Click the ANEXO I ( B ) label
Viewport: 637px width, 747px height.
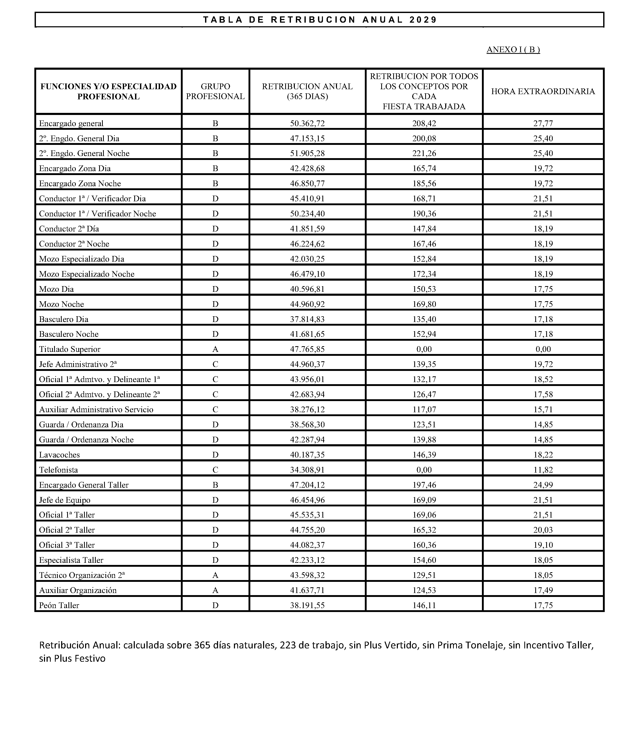click(513, 50)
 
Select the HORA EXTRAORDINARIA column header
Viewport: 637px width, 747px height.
click(543, 91)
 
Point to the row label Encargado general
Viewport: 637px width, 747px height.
click(71, 123)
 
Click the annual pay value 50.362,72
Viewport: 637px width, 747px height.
click(307, 123)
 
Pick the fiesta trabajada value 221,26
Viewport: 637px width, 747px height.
click(424, 153)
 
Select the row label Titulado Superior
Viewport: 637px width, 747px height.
click(70, 349)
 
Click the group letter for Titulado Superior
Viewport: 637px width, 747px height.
click(215, 349)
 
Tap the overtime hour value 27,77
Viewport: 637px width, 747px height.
click(543, 123)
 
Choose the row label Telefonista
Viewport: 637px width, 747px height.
click(59, 469)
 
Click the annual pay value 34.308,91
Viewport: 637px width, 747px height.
click(307, 469)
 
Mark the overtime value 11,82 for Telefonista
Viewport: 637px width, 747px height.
click(543, 469)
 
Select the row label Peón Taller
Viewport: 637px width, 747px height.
click(59, 605)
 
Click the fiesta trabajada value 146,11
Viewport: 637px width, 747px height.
click(424, 605)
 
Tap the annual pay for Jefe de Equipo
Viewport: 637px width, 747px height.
click(307, 500)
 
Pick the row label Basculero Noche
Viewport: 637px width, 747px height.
click(68, 334)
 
